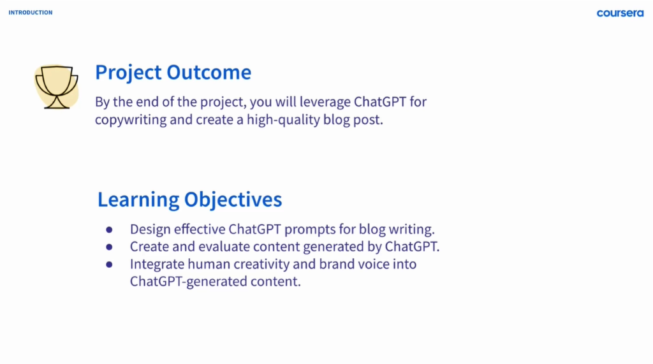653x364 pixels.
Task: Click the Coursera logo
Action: click(620, 13)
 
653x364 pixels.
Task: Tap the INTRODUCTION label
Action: click(31, 13)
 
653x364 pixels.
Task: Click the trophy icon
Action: click(57, 87)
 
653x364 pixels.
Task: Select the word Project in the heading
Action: click(128, 73)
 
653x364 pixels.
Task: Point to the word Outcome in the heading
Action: click(209, 73)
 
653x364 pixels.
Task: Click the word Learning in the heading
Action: click(138, 200)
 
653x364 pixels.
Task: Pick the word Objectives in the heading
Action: click(233, 200)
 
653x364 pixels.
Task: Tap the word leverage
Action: click(325, 103)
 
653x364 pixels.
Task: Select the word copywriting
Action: click(131, 120)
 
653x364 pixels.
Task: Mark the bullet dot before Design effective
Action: click(109, 229)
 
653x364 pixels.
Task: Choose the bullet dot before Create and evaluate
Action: click(109, 247)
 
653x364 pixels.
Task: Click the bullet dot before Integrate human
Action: click(109, 265)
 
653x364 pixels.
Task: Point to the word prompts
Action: click(310, 230)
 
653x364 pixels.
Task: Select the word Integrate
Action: click(157, 265)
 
